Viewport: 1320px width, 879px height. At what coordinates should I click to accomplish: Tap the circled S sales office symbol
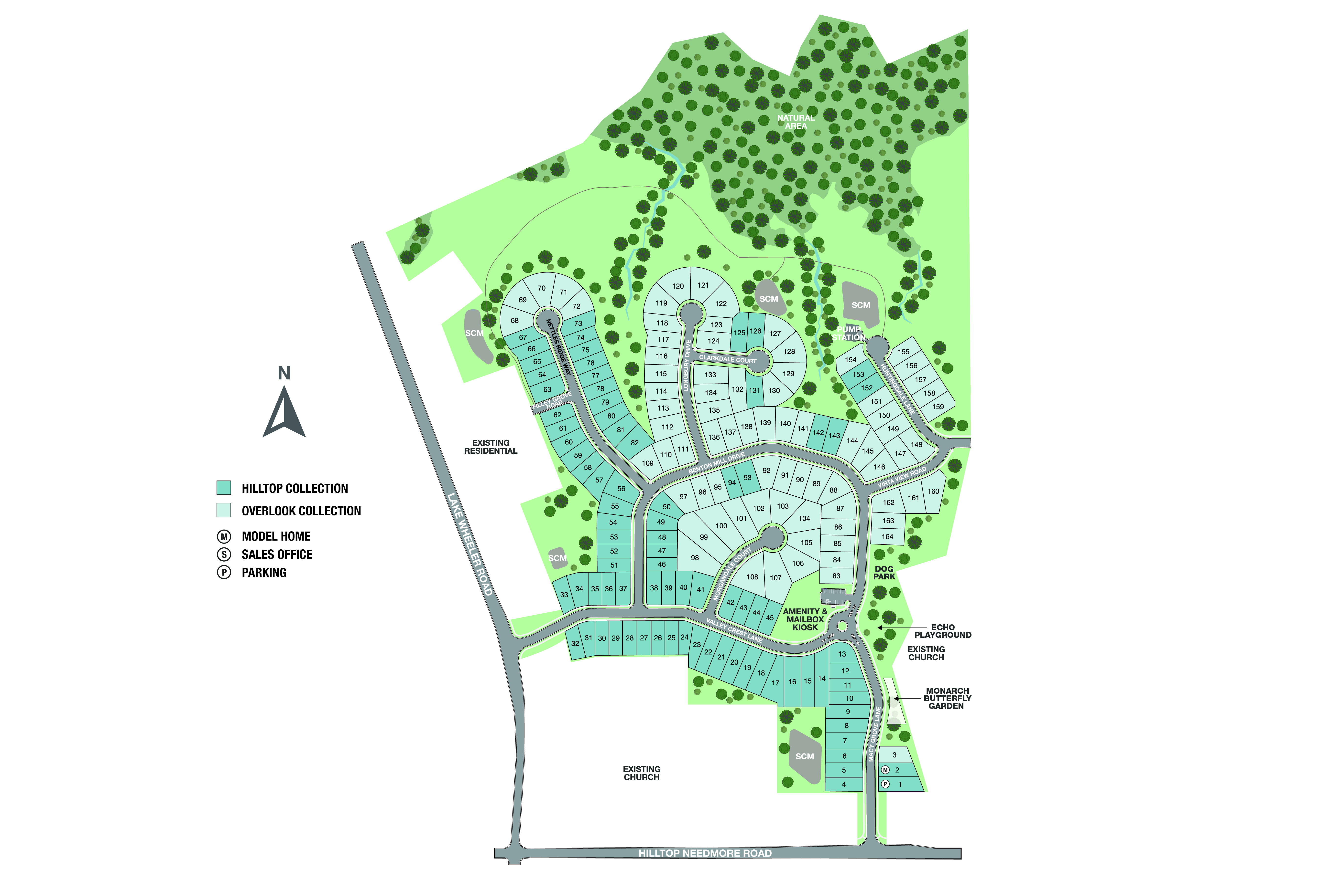[x=224, y=555]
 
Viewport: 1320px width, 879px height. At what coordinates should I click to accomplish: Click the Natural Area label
[x=796, y=122]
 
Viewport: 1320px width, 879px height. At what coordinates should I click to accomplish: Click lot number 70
[x=541, y=288]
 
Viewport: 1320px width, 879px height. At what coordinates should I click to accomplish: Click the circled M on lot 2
[x=885, y=770]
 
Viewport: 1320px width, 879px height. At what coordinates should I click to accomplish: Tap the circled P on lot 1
[x=885, y=784]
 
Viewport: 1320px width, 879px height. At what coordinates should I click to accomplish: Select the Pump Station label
[x=849, y=334]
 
